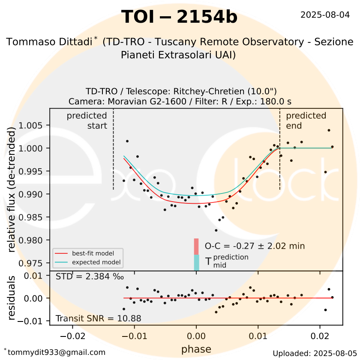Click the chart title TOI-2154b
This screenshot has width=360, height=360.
coord(179,17)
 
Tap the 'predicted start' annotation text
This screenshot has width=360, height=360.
coord(87,120)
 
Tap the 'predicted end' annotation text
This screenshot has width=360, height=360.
coord(306,120)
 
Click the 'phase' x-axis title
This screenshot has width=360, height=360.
coord(196,349)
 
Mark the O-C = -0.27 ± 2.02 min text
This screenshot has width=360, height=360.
coord(255,246)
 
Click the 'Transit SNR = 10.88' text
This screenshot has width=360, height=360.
coord(98,318)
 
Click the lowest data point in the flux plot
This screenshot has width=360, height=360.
coord(216,230)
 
